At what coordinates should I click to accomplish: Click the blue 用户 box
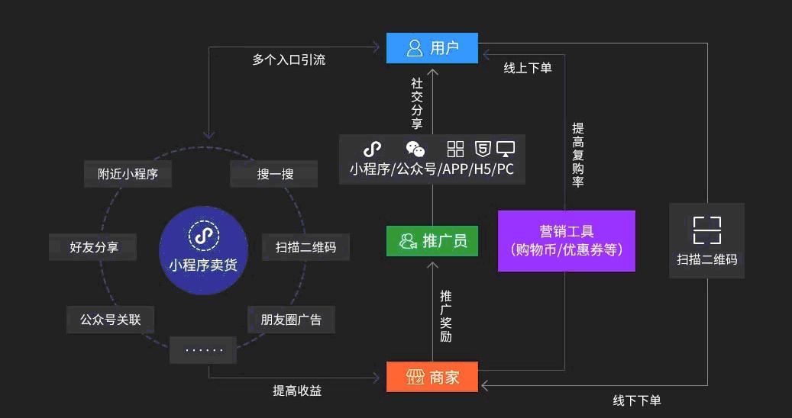point(432,48)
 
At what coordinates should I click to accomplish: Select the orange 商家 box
point(432,377)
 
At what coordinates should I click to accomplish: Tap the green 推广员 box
point(432,241)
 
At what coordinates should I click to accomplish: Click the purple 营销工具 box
point(566,240)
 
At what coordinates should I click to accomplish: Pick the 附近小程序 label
point(128,174)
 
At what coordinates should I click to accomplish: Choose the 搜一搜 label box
point(274,174)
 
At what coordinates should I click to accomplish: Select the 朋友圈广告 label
point(291,320)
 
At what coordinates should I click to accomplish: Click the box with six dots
point(204,350)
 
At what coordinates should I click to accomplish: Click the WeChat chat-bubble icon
point(415,149)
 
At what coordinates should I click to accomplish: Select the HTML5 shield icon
point(483,149)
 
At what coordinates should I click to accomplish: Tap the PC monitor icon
point(506,149)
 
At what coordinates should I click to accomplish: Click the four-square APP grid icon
point(456,149)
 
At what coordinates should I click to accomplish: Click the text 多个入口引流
point(289,59)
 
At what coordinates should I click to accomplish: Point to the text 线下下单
point(637,400)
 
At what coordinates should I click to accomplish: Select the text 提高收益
point(297,391)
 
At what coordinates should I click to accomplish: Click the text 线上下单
point(527,68)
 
